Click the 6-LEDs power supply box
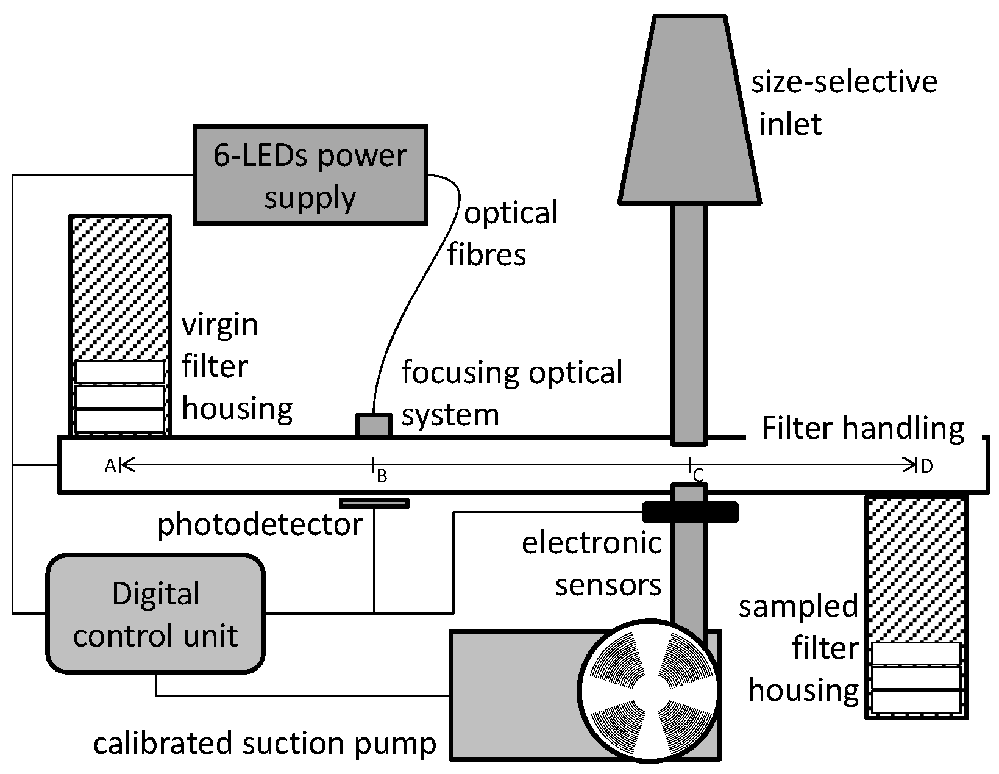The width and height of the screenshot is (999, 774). (x=310, y=175)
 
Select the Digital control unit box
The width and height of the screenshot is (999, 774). (x=155, y=613)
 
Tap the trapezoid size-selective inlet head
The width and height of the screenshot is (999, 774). (x=690, y=110)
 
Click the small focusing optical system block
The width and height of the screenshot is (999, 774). (x=374, y=425)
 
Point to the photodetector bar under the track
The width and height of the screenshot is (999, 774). (x=374, y=503)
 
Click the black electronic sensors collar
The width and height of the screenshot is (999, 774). (x=690, y=512)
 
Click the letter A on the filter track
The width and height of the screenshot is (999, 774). (x=110, y=467)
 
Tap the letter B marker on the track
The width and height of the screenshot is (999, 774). (x=382, y=476)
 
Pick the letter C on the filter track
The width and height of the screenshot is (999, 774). (x=699, y=475)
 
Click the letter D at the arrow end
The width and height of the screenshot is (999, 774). (x=926, y=467)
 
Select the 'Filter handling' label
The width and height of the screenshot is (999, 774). (x=862, y=429)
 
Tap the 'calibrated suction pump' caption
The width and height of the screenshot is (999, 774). (x=265, y=744)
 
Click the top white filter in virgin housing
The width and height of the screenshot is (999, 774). (x=120, y=372)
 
